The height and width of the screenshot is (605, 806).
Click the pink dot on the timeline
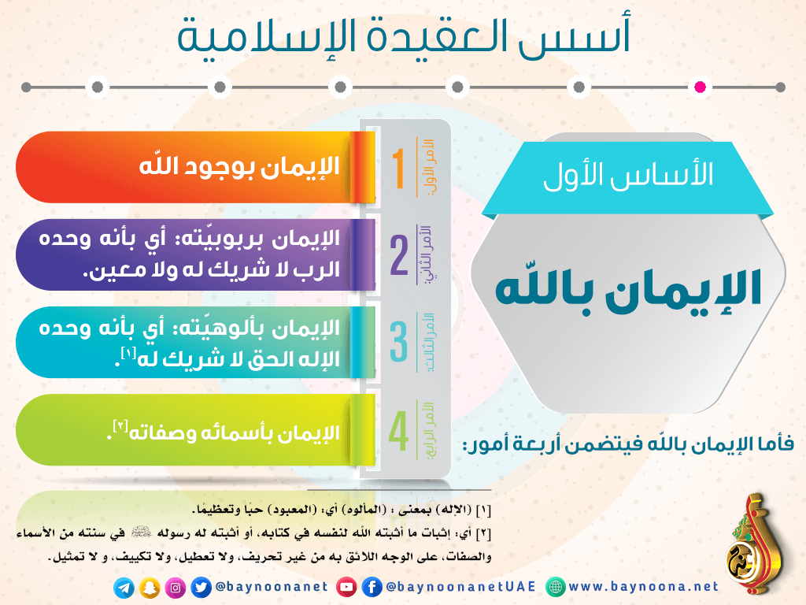point(700,87)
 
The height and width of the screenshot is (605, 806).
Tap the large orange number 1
point(398,169)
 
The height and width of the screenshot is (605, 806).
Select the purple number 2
point(399,256)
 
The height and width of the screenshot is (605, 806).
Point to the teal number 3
point(399,342)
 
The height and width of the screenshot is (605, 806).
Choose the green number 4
point(399,431)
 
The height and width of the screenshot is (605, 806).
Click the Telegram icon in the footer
point(124,588)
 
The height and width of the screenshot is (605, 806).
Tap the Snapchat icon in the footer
point(150,588)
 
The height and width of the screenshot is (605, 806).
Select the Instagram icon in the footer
point(176,588)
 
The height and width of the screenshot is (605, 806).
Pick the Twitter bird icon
point(201,588)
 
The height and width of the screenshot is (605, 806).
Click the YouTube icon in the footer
point(346,587)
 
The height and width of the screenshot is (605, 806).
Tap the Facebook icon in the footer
point(372,587)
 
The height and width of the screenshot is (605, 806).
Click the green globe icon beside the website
point(555,587)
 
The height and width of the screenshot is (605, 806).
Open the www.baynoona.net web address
point(643,586)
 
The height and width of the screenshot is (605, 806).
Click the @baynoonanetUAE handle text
point(460,587)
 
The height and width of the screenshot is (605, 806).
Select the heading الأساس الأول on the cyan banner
point(628,174)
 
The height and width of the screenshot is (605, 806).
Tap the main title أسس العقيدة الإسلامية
point(404,36)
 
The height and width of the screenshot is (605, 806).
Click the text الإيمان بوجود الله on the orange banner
point(239,167)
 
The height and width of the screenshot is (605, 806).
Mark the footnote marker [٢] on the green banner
point(120,426)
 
